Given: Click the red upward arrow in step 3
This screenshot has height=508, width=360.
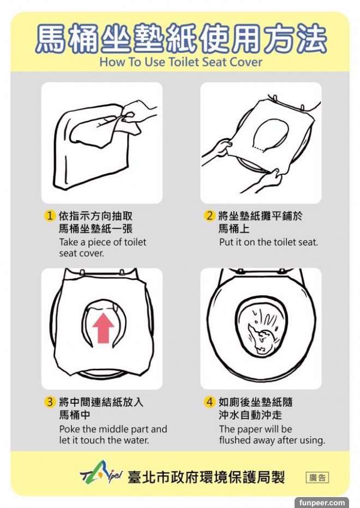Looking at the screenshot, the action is tap(103, 327).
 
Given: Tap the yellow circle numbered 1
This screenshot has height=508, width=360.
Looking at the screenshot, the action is tap(49, 216).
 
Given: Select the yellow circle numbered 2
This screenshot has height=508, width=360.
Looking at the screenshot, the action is tap(209, 216).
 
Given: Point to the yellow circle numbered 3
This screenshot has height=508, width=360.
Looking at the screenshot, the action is tap(49, 402).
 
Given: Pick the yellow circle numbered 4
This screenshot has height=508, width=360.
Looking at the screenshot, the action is tap(209, 402).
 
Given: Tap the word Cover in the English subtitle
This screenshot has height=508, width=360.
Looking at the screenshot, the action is tap(246, 62).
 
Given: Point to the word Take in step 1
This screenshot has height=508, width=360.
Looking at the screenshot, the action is tap(69, 242).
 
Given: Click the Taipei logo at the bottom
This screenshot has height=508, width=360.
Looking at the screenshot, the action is tap(101, 475).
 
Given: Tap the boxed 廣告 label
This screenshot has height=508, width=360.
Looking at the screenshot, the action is tap(317, 477).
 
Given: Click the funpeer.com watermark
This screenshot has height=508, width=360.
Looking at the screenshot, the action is tap(322, 503).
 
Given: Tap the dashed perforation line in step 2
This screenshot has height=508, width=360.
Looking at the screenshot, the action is tap(259, 149).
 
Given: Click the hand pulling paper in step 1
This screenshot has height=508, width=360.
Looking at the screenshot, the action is tap(140, 115).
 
